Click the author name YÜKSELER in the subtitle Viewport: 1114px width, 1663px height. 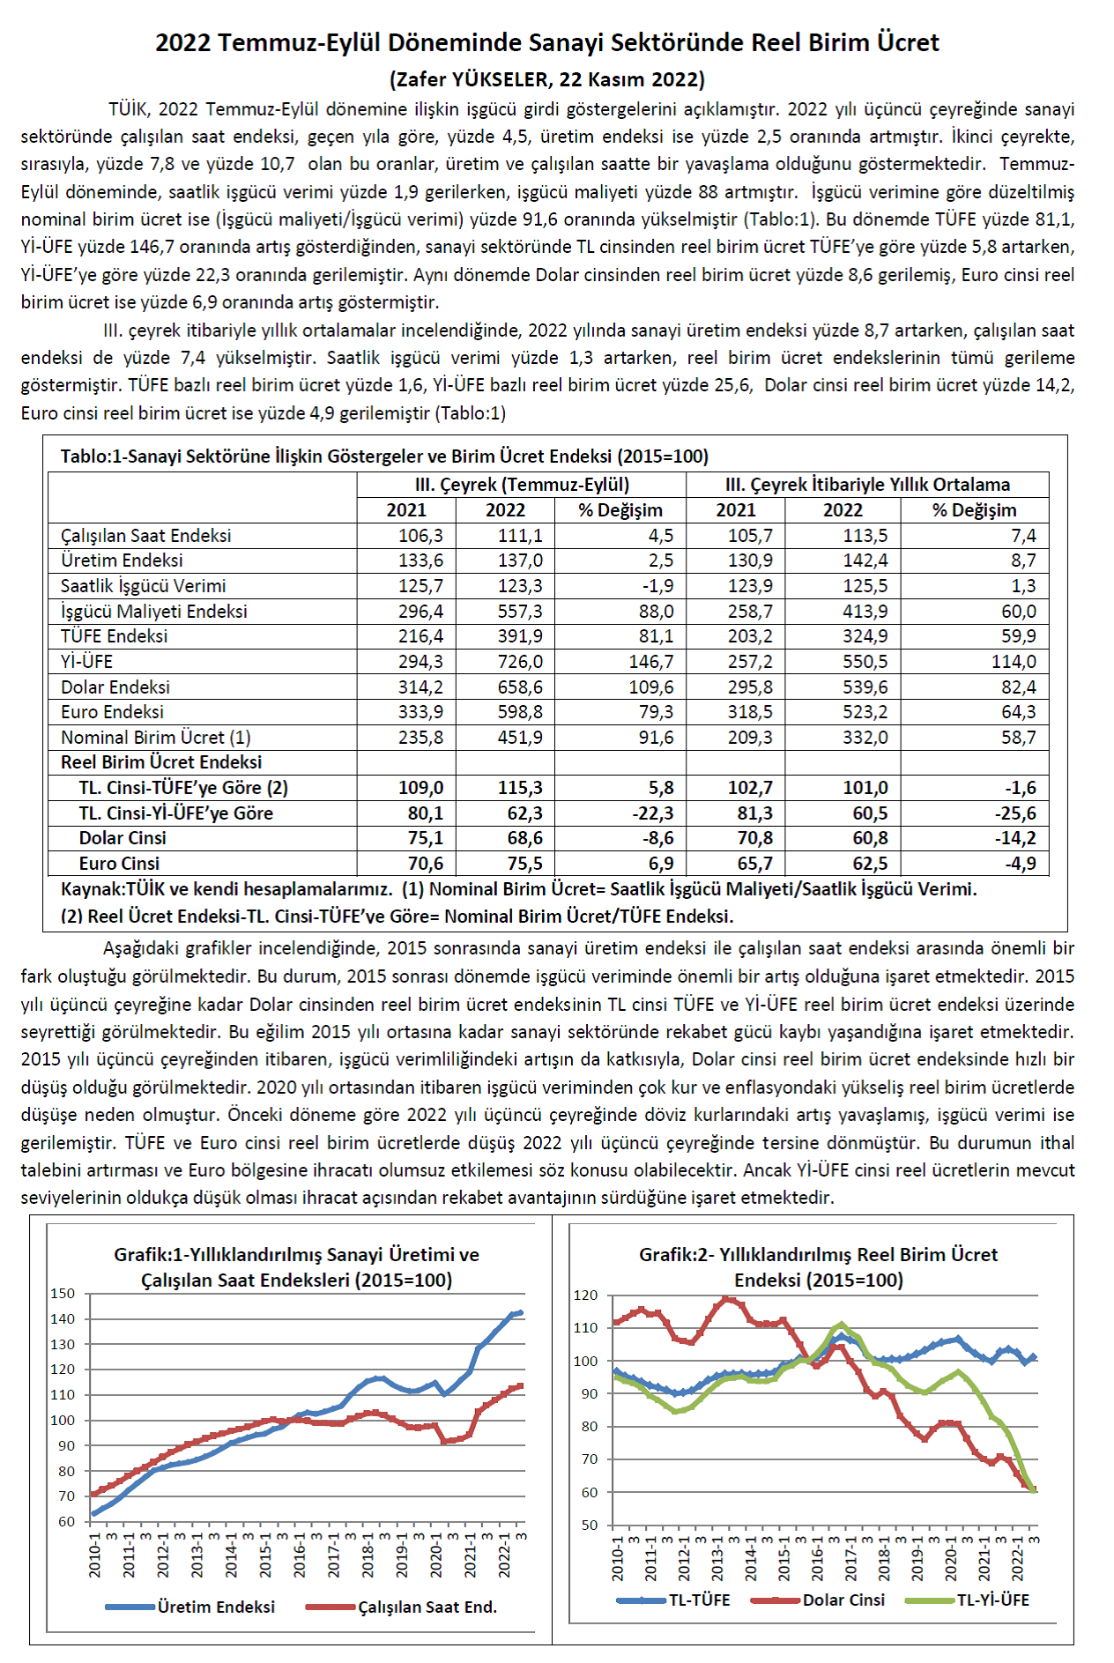500,79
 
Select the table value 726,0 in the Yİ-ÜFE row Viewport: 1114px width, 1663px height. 520,662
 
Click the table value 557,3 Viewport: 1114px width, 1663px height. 520,612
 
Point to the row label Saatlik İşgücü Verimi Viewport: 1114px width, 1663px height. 143,586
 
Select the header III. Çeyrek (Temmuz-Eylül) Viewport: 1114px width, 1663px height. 522,485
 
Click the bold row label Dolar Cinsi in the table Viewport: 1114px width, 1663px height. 123,838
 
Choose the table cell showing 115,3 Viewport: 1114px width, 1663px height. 520,788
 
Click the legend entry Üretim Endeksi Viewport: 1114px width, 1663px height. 216,1607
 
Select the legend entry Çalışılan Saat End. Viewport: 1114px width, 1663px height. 427,1607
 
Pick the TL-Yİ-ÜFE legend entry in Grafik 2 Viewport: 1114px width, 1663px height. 992,1600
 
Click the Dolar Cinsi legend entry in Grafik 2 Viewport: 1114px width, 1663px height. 843,1600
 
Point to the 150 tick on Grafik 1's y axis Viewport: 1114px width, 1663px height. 63,1294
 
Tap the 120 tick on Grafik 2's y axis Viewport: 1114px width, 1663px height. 585,1296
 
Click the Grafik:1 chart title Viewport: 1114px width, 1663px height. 296,1266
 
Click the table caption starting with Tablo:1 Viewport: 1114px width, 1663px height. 384,457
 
